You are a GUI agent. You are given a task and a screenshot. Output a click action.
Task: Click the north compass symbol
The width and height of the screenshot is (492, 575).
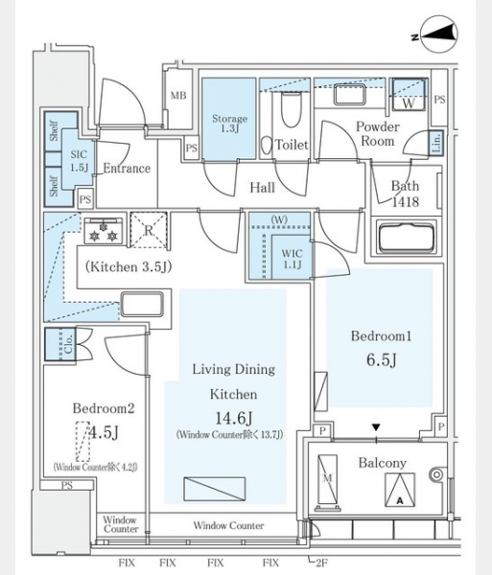[439, 34]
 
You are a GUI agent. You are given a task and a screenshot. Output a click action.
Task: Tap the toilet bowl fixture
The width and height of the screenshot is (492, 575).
[292, 108]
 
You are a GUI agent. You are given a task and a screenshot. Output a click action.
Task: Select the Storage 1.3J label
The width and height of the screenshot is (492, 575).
[229, 124]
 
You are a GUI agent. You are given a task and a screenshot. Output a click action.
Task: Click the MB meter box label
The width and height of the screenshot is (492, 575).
[178, 96]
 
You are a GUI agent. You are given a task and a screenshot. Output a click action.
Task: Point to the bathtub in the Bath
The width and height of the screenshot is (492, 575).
[406, 238]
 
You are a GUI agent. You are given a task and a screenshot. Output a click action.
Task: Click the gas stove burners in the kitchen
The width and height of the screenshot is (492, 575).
[104, 231]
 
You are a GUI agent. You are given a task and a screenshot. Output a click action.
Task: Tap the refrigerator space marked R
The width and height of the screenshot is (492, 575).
[149, 230]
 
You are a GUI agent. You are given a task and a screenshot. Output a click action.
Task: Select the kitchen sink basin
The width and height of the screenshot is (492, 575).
[142, 304]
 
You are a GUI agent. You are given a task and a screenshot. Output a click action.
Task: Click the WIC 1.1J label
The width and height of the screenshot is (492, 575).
[293, 259]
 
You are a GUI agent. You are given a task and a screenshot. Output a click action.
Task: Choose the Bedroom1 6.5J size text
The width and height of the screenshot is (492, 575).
[382, 360]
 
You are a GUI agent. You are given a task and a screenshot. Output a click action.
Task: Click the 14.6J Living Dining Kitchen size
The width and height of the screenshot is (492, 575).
[233, 418]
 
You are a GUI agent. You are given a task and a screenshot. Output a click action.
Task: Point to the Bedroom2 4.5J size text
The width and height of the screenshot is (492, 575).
[105, 433]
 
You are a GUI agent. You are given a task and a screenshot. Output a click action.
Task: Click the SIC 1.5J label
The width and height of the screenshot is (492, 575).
[80, 161]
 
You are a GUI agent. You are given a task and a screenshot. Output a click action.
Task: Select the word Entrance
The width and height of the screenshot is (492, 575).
[127, 169]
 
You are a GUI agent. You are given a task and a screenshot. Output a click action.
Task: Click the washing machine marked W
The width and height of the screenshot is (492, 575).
[409, 95]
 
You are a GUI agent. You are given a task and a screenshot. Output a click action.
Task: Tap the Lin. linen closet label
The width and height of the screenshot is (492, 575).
[436, 142]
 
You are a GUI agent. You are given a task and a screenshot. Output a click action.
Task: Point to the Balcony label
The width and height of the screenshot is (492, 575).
[383, 463]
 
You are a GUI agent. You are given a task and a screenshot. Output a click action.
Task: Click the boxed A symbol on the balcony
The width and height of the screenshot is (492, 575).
[400, 490]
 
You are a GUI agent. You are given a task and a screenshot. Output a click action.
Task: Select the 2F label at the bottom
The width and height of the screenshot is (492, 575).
[321, 563]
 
